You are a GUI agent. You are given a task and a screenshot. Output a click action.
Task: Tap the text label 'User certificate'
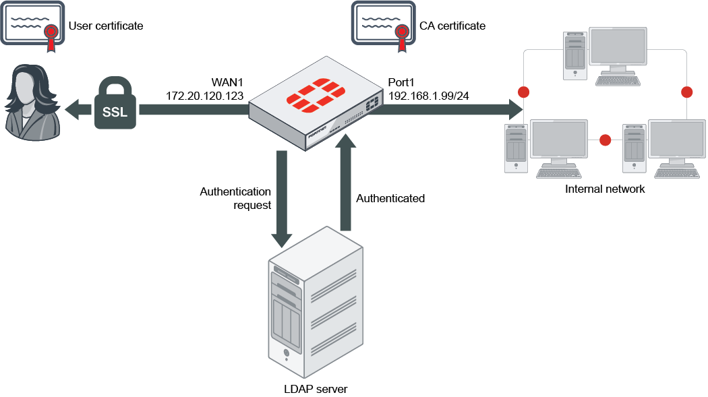click(x=106, y=26)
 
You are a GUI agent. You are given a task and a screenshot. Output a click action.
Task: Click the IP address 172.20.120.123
click(x=204, y=96)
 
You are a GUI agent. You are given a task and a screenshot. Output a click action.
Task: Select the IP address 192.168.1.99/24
click(x=429, y=96)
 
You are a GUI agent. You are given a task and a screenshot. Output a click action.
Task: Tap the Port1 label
click(x=402, y=82)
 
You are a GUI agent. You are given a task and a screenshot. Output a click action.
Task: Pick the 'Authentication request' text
click(x=235, y=198)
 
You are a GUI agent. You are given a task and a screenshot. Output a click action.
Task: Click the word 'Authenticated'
click(x=390, y=198)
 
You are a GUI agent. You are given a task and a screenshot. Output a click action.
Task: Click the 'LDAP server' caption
click(x=316, y=389)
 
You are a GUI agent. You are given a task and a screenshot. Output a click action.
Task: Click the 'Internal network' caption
click(x=605, y=189)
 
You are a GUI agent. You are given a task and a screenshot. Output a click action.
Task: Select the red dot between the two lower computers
click(x=605, y=140)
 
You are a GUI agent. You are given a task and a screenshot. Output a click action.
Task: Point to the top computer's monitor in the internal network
click(x=618, y=47)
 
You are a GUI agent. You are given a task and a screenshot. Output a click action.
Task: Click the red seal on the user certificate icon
click(x=51, y=34)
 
